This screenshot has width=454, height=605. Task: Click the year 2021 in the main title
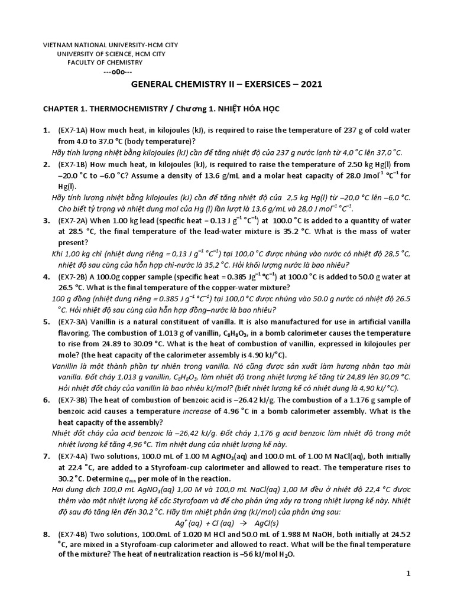coord(310,84)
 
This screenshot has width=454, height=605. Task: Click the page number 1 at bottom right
coord(408,573)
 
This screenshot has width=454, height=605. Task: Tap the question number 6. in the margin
coord(46,400)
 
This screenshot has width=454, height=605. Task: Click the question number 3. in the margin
coord(46,220)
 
